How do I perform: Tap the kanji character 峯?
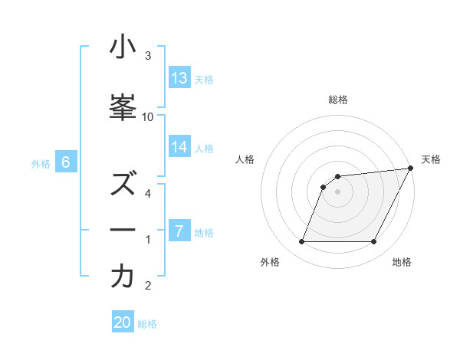[x=123, y=108]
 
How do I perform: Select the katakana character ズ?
[x=123, y=185]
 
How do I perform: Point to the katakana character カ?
[x=123, y=277]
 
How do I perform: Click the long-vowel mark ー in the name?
[x=123, y=231]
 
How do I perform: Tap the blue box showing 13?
[x=179, y=78]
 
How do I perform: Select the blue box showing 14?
[x=179, y=147]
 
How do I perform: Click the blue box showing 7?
[x=179, y=231]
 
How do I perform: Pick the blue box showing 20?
[x=123, y=322]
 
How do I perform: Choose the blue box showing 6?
[x=66, y=162]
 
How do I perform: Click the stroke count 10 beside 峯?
[x=148, y=116]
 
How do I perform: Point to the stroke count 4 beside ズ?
[x=148, y=193]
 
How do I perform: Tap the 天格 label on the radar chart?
[x=431, y=159]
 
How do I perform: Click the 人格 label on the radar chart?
[x=245, y=159]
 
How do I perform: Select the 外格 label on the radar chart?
[x=270, y=263]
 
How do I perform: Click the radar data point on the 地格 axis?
[x=374, y=242]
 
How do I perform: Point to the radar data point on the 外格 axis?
[x=301, y=242]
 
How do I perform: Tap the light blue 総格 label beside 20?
[x=148, y=323]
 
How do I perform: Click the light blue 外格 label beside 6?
[x=41, y=163]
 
